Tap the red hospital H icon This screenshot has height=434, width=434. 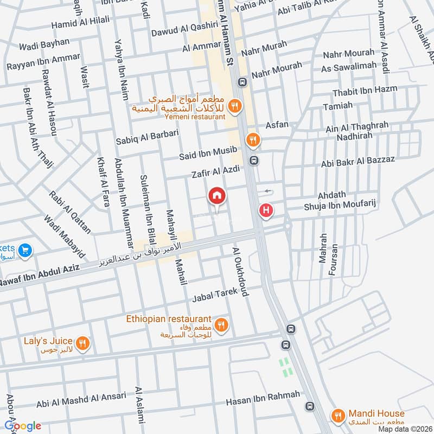(x=266, y=210)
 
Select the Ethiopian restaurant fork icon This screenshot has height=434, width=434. (x=220, y=325)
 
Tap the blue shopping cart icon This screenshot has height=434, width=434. (x=24, y=251)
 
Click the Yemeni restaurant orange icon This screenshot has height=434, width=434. (x=234, y=106)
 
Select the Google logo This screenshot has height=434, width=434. (x=23, y=426)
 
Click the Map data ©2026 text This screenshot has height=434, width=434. (x=404, y=429)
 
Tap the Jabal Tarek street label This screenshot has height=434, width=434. (x=216, y=296)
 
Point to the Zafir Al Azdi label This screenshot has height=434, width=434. (x=215, y=173)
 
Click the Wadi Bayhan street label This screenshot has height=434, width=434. (x=44, y=42)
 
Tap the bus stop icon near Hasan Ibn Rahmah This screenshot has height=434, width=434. (x=309, y=406)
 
